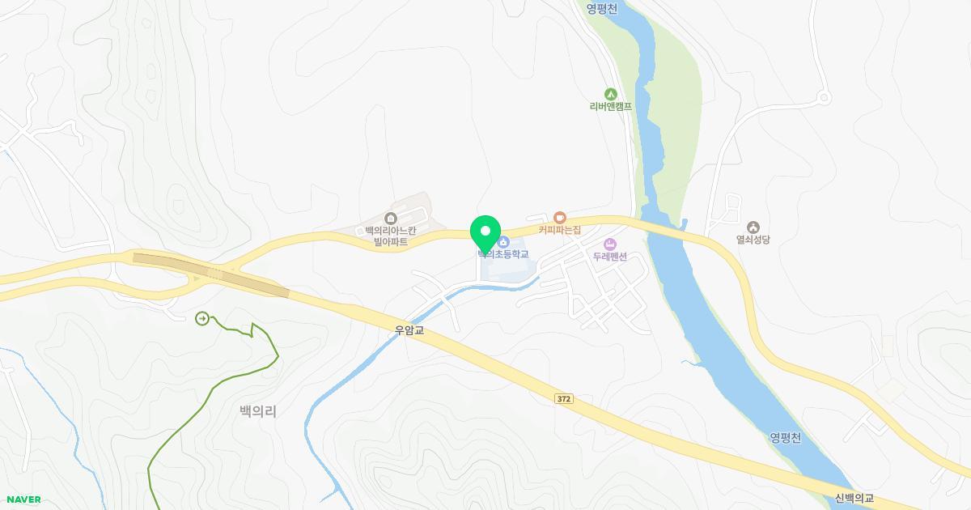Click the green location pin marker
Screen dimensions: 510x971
point(485,233)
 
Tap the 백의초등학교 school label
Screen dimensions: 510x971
point(503,254)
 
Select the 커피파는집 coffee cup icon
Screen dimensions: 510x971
point(559,217)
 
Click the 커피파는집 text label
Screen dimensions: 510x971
point(560,230)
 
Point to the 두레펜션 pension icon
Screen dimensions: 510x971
point(610,244)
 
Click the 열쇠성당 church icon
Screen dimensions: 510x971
point(753,227)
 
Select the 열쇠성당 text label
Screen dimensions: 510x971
point(753,240)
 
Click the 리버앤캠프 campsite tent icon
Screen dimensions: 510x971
point(610,94)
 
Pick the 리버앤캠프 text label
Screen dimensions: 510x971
point(610,106)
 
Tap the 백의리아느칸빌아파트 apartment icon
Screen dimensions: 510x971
point(391,218)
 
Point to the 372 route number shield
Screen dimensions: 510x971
point(564,398)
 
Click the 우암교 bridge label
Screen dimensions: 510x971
point(409,330)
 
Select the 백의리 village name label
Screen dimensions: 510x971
point(258,411)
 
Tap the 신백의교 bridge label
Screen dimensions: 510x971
point(854,499)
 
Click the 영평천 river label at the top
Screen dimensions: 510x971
point(602,9)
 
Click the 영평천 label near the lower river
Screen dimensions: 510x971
point(785,438)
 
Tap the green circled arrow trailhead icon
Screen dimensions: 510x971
point(201,318)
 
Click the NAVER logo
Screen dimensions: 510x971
point(23,499)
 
